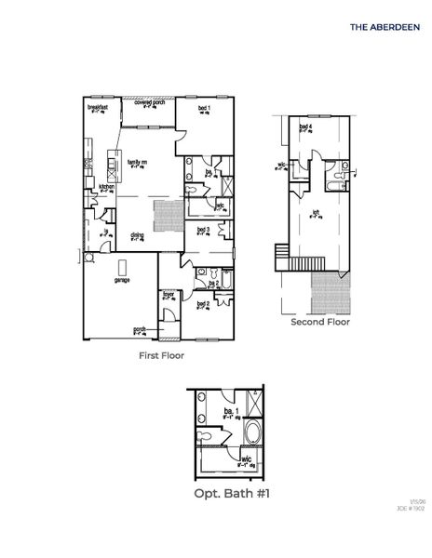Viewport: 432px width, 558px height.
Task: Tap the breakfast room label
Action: (x=99, y=108)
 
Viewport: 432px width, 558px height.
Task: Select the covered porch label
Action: (x=149, y=103)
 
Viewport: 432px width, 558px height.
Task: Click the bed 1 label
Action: (x=204, y=108)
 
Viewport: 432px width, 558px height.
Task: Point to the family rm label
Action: (x=139, y=163)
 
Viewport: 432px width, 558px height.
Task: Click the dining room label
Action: (x=137, y=235)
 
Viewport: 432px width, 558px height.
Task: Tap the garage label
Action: (x=121, y=279)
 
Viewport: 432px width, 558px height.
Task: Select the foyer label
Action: (x=169, y=295)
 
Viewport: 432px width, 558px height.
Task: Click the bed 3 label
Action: (x=203, y=229)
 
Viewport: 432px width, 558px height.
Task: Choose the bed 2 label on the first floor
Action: (x=203, y=303)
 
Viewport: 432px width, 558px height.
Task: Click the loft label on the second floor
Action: (x=317, y=211)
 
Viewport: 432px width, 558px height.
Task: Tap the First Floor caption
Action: (x=161, y=355)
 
